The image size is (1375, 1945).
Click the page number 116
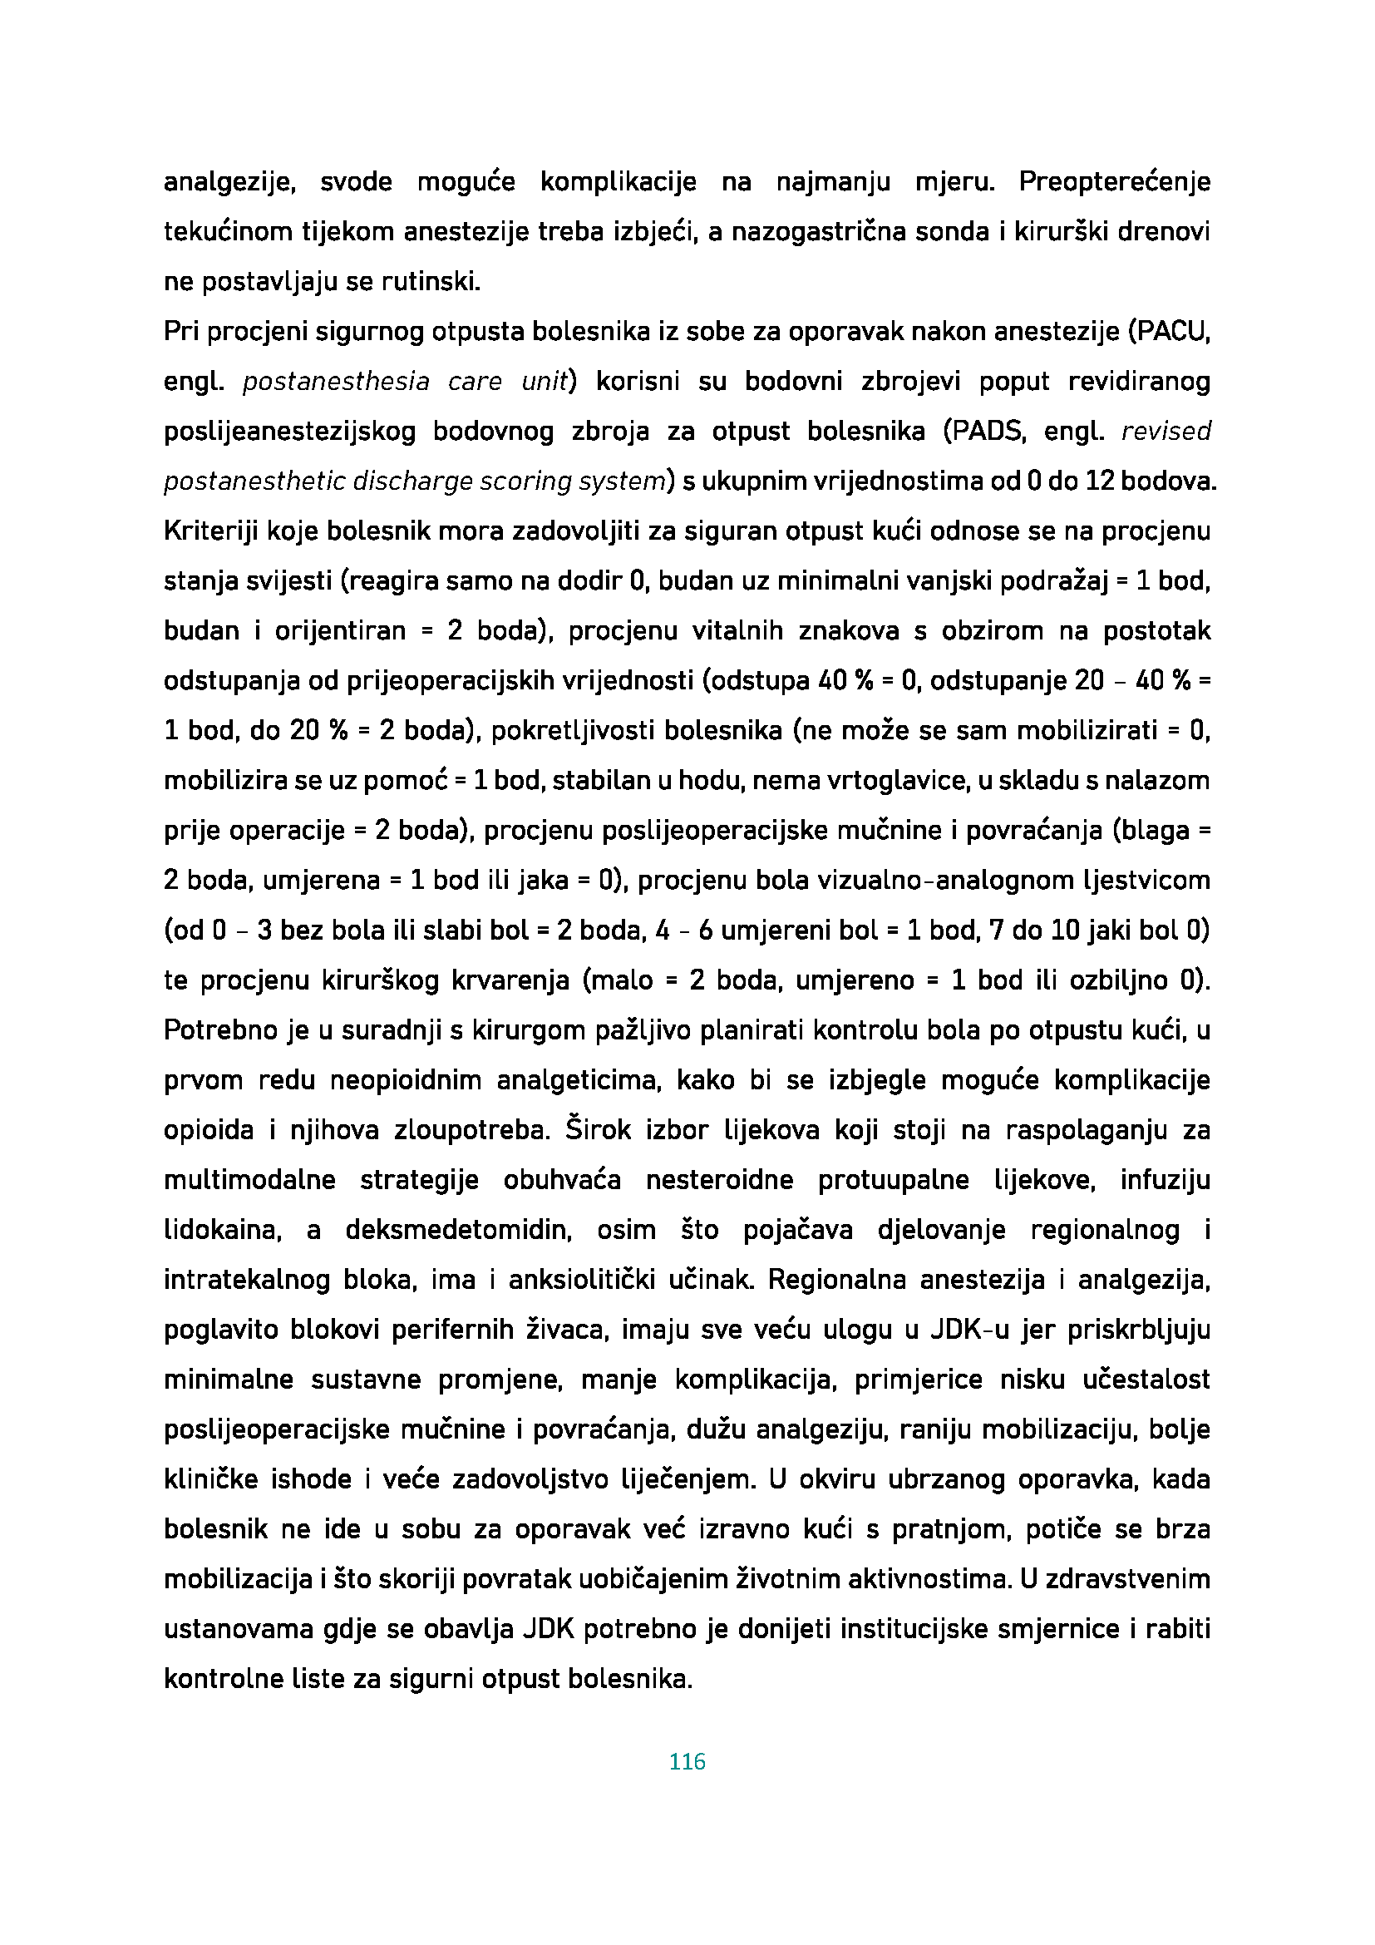[687, 1762]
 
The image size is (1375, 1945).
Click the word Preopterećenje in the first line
[1114, 182]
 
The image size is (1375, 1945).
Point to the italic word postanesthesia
[336, 382]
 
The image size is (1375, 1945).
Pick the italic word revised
[1166, 432]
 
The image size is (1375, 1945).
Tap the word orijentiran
[340, 631]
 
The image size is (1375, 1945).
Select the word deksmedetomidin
[459, 1230]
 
